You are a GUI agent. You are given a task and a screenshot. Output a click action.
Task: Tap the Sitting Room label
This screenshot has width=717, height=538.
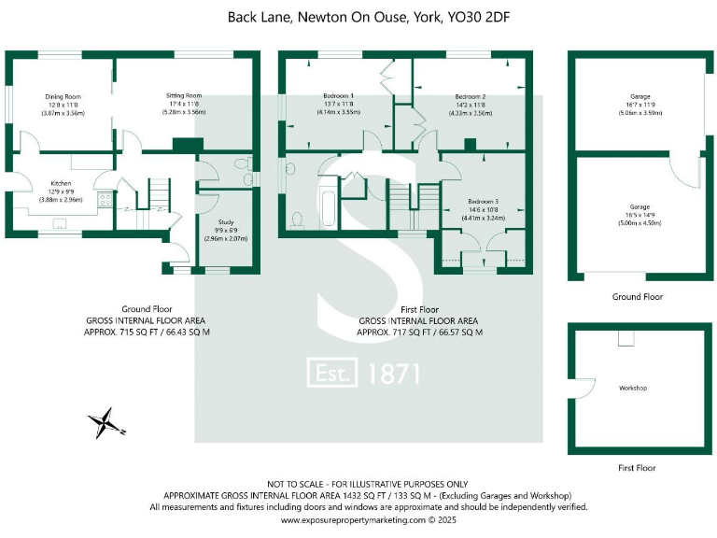[183, 95]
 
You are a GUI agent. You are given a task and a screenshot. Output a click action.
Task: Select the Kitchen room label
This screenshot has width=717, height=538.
[61, 183]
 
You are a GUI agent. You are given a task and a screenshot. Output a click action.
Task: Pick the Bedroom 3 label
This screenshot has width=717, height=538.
[483, 202]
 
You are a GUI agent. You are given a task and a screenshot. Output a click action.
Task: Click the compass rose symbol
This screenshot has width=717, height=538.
[105, 423]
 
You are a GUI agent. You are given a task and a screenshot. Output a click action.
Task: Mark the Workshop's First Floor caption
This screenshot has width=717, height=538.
[637, 468]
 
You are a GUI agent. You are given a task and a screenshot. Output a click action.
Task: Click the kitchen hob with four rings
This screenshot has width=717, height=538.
[105, 199]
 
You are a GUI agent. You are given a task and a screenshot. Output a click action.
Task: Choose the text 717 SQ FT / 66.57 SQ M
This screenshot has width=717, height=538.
[438, 331]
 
